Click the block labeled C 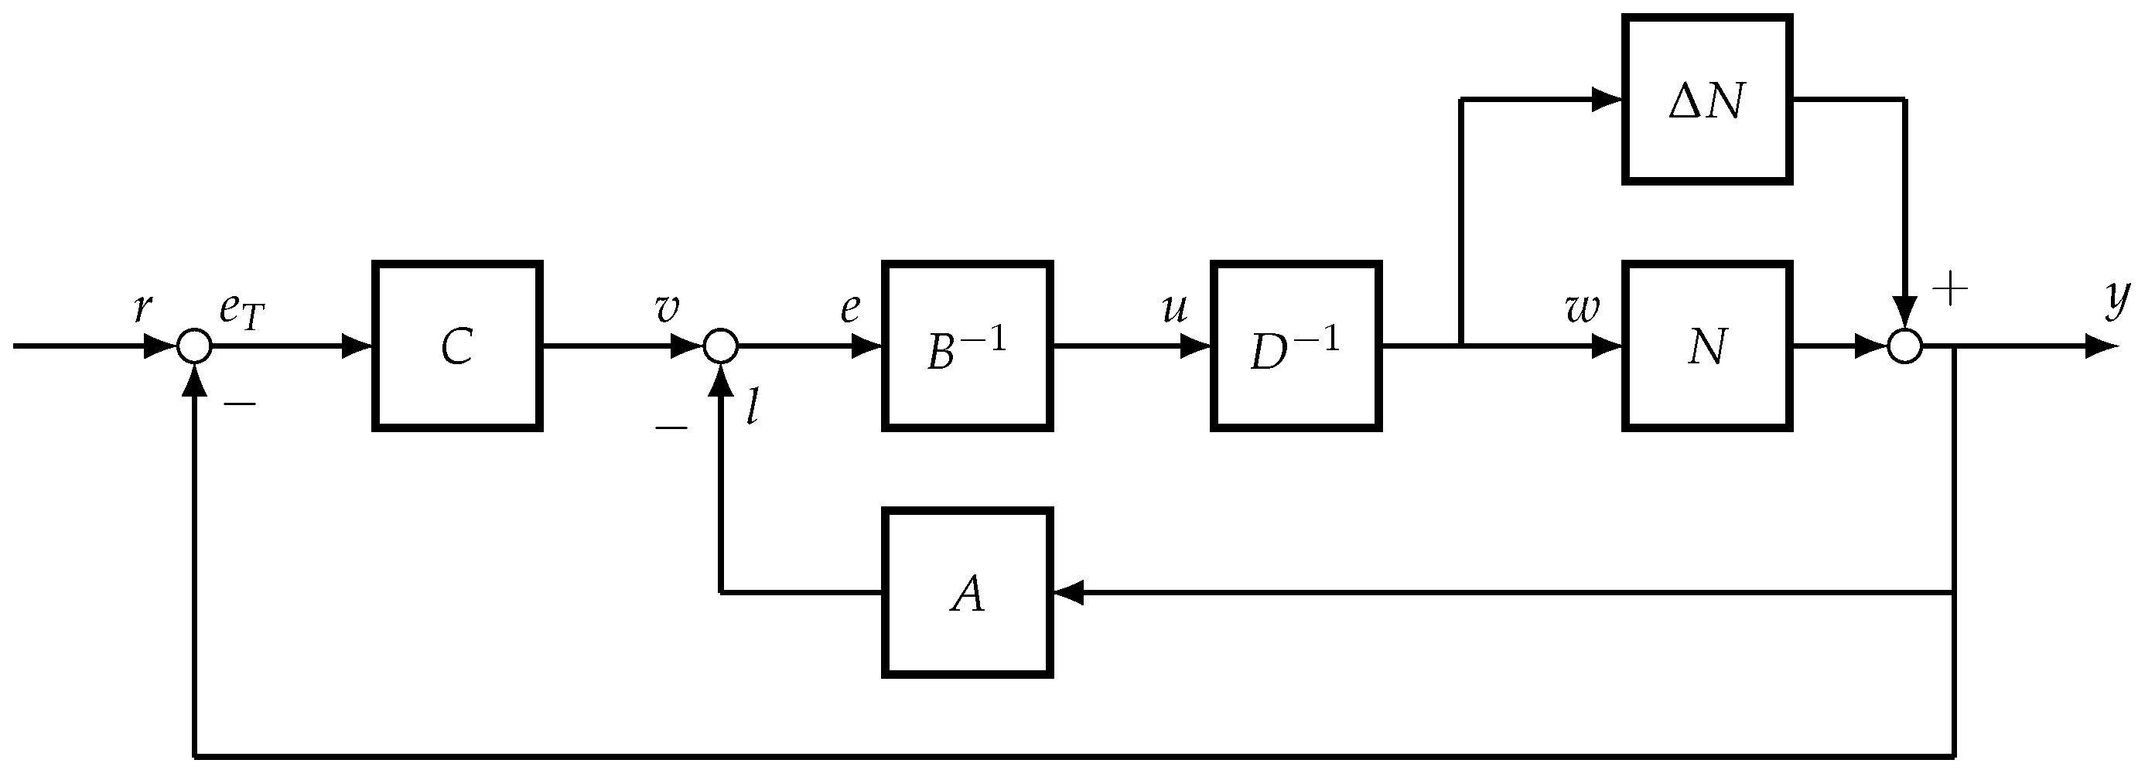coord(457,346)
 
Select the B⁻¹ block coord(968,346)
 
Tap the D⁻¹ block coord(1296,346)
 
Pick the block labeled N coord(1707,346)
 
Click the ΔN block coord(1707,100)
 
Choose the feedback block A coord(968,592)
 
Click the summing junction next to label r coord(195,346)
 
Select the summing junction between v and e coord(720,346)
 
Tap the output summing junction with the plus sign coord(1904,346)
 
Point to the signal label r coord(143,308)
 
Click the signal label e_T coord(241,311)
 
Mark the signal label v coord(667,308)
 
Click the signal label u coord(1174,308)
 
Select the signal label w coord(1582,308)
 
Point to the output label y coord(2118,298)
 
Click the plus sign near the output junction coord(1951,290)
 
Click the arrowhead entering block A coord(1068,592)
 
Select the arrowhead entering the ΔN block coord(1607,100)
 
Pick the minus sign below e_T coord(240,404)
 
